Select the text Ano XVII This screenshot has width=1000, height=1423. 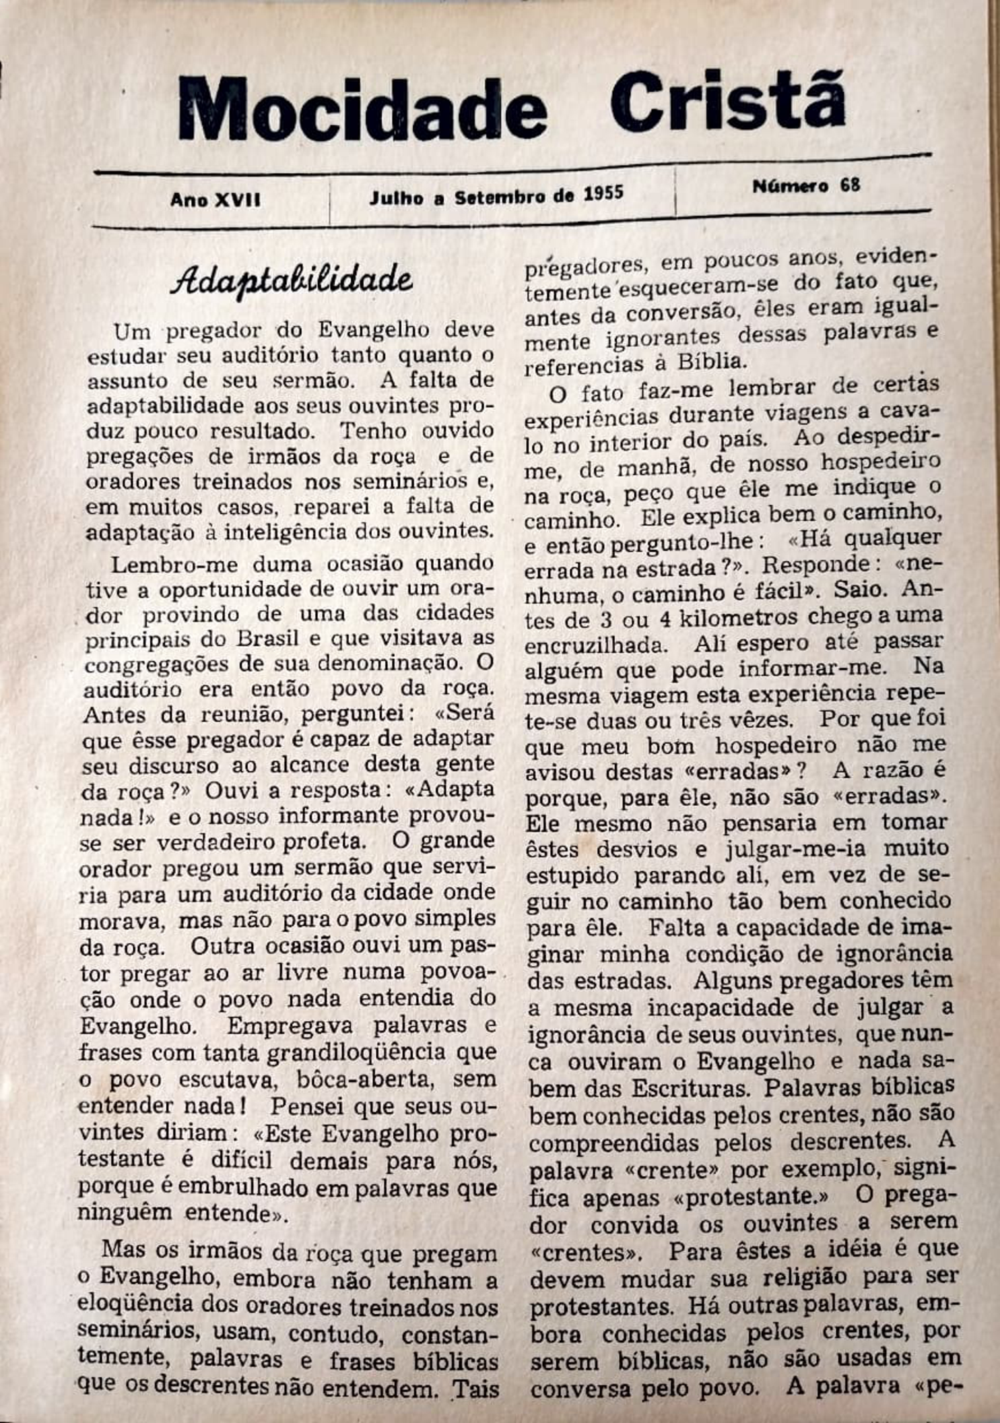click(215, 200)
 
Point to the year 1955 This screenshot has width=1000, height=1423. click(603, 194)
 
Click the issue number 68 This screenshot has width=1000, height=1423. click(850, 185)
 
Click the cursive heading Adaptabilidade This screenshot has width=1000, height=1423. click(291, 279)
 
